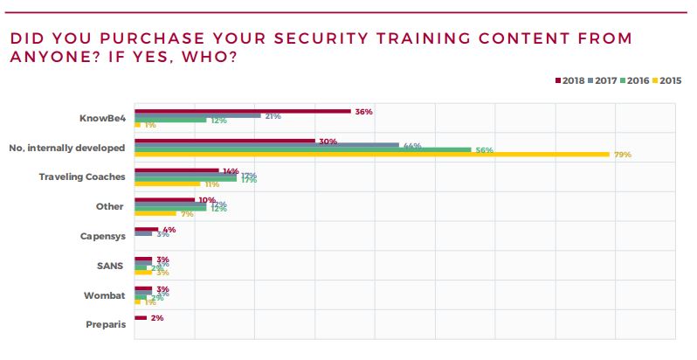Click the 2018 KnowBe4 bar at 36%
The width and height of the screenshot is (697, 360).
coord(242,111)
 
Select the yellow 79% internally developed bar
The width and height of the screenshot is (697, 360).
coord(371,155)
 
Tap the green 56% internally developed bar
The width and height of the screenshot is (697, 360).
coord(302,149)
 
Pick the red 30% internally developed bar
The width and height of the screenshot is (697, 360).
coord(224,140)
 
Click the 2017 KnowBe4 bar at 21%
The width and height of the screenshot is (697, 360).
coord(197,115)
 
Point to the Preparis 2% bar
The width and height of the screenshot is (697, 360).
coord(141,318)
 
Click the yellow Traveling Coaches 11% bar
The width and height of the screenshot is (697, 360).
coord(168,184)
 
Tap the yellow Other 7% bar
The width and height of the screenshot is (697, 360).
coord(155,214)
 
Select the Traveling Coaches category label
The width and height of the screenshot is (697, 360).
coord(82,177)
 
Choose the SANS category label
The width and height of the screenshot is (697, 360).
coord(114,266)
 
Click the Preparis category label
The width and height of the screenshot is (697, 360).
coord(107,325)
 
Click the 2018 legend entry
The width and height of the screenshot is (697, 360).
coord(569,80)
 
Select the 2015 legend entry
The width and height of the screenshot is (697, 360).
coord(667,80)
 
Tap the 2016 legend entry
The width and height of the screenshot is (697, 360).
coord(635,80)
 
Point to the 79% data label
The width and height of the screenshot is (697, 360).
coord(623,155)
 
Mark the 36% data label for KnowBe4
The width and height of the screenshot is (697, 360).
coord(364,112)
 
